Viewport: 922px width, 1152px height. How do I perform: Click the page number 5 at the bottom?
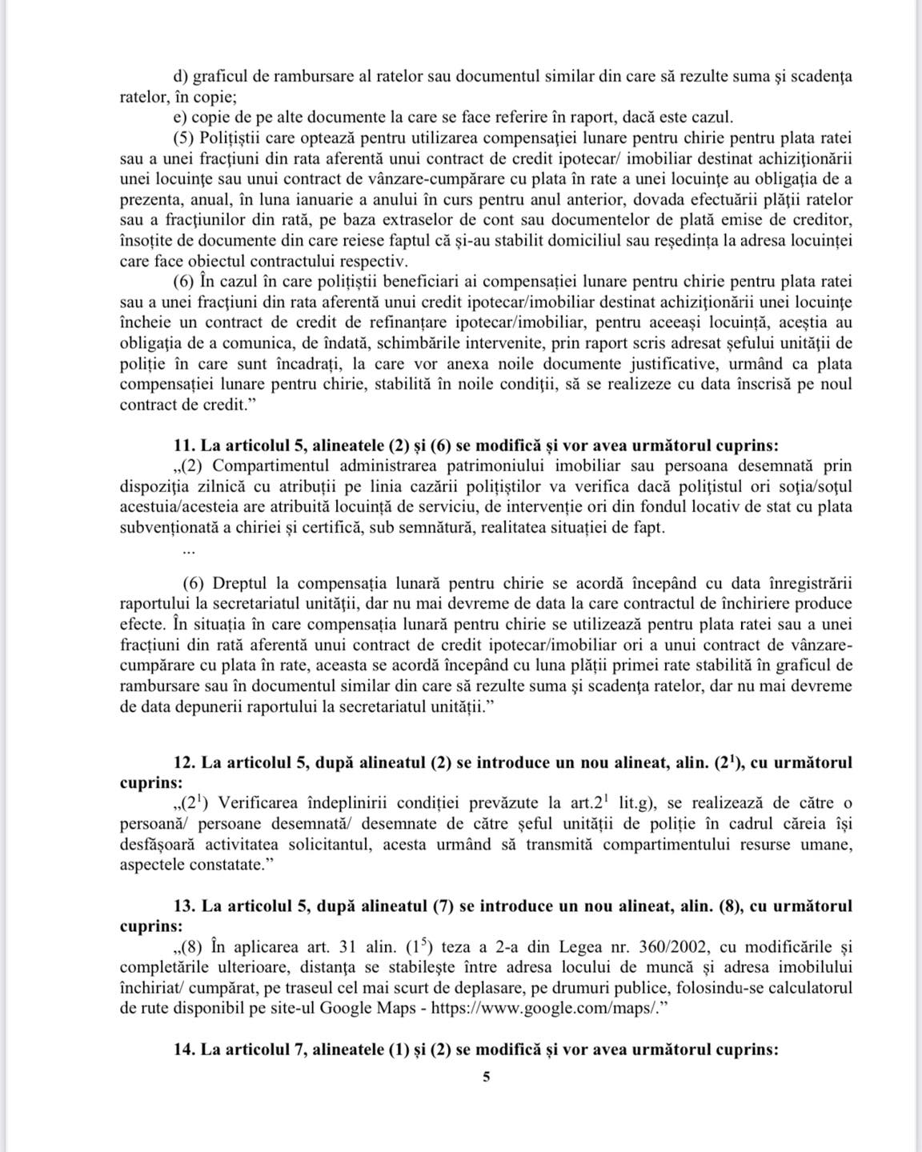487,1077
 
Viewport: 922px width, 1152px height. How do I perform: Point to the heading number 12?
182,762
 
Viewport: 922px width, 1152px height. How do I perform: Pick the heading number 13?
182,906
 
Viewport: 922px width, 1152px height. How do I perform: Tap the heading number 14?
182,1049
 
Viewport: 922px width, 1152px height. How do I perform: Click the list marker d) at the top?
179,77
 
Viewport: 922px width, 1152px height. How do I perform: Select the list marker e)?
179,118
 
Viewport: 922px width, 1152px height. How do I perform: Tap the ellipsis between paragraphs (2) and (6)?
188,550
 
